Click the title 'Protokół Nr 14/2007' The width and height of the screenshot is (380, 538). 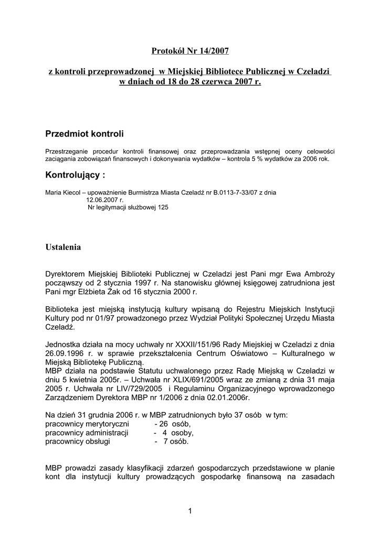point(190,51)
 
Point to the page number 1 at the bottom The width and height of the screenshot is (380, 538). point(190,511)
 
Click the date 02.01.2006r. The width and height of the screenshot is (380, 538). point(225,398)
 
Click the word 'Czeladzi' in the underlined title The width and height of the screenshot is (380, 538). point(313,71)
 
